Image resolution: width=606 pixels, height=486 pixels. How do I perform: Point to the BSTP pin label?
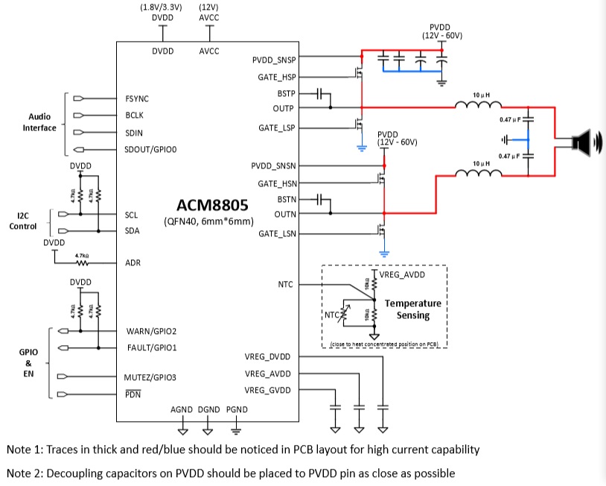point(285,94)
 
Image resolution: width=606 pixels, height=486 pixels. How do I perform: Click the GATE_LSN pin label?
point(276,234)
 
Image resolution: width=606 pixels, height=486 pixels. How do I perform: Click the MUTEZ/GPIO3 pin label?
point(151,377)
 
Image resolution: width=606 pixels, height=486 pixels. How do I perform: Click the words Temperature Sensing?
point(412,309)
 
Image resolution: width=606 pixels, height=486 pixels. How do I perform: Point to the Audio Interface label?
point(42,122)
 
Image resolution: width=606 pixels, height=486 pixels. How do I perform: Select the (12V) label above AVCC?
point(208,7)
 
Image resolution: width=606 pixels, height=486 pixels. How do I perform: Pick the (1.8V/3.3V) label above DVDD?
point(162,7)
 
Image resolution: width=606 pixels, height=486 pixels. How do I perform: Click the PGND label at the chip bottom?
point(236,410)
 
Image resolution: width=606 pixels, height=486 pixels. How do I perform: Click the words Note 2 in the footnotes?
point(25,473)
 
